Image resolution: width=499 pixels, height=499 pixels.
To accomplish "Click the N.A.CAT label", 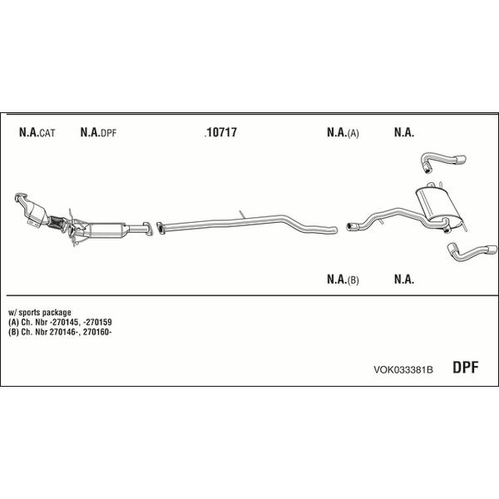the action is coord(37,132).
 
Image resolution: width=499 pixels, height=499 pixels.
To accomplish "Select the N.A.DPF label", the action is coord(98,132).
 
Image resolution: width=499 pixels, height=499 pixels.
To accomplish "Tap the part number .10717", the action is coord(220,132).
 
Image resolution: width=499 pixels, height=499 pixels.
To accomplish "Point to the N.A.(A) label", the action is coord(343,133).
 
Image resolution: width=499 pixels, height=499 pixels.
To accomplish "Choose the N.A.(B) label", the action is coord(343,279).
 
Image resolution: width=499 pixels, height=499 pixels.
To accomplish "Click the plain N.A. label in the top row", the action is coord(404,132).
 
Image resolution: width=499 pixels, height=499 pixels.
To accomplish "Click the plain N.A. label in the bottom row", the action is coord(404,279).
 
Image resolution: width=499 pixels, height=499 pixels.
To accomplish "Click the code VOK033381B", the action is coord(403,370).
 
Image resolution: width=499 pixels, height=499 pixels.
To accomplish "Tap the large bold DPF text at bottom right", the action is coord(466,368).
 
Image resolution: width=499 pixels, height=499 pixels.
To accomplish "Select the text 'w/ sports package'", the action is coord(40,313).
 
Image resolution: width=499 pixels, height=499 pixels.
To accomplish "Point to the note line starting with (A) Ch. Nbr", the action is coord(60,323).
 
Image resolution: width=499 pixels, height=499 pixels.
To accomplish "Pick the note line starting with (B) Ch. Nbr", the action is coord(60,332).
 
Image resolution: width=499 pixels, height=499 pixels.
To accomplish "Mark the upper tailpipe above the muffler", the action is coord(443,161).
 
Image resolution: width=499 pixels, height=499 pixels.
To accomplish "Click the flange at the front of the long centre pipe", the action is coord(161,229).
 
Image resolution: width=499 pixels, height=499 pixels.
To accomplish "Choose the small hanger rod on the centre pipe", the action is coord(242,215).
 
